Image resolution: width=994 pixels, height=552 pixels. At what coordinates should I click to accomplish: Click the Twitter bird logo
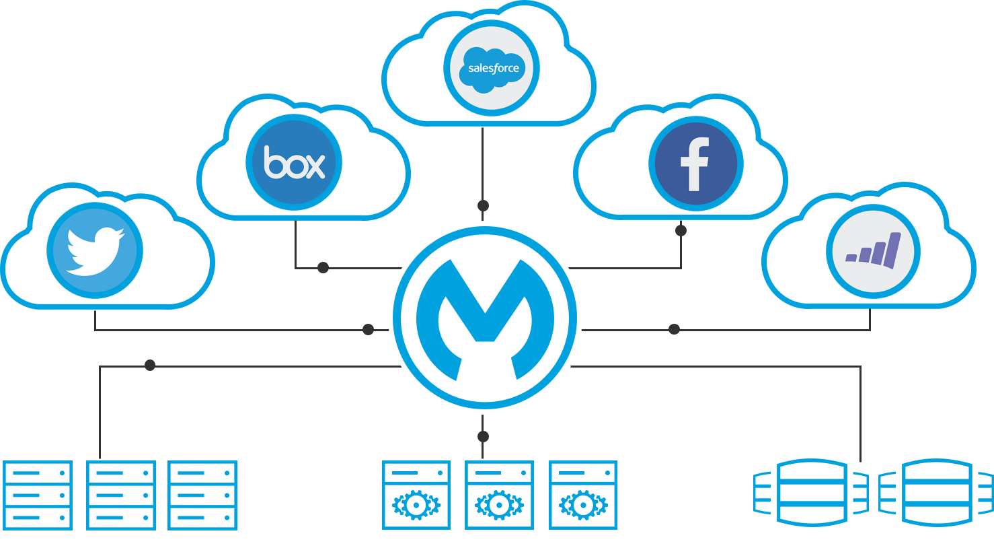(95, 250)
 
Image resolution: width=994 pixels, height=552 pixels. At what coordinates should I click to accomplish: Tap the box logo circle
(294, 163)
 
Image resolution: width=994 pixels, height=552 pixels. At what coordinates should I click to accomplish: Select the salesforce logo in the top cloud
(492, 68)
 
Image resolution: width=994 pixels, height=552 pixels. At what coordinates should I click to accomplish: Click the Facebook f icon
(695, 164)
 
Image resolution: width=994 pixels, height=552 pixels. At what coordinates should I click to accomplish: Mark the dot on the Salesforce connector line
(483, 205)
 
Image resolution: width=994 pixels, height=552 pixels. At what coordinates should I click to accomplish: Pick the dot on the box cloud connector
(323, 267)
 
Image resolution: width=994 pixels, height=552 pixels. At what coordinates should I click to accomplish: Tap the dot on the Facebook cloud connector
(681, 230)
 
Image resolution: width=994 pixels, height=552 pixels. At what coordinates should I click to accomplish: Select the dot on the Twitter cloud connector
(368, 329)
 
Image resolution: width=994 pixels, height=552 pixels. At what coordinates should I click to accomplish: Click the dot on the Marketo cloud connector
(674, 329)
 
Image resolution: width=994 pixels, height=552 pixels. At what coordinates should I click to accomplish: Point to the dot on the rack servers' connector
(150, 365)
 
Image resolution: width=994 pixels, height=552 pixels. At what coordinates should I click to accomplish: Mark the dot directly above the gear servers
(483, 437)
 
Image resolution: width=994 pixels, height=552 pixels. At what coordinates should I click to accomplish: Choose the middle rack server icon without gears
(121, 495)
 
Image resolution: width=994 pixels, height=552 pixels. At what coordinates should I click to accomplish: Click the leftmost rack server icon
(38, 495)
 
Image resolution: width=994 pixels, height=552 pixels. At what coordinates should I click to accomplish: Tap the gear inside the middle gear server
(499, 505)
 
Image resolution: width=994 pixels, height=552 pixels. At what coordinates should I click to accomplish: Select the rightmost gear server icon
(583, 495)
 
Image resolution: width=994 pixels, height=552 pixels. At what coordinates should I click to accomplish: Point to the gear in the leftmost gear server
(416, 505)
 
